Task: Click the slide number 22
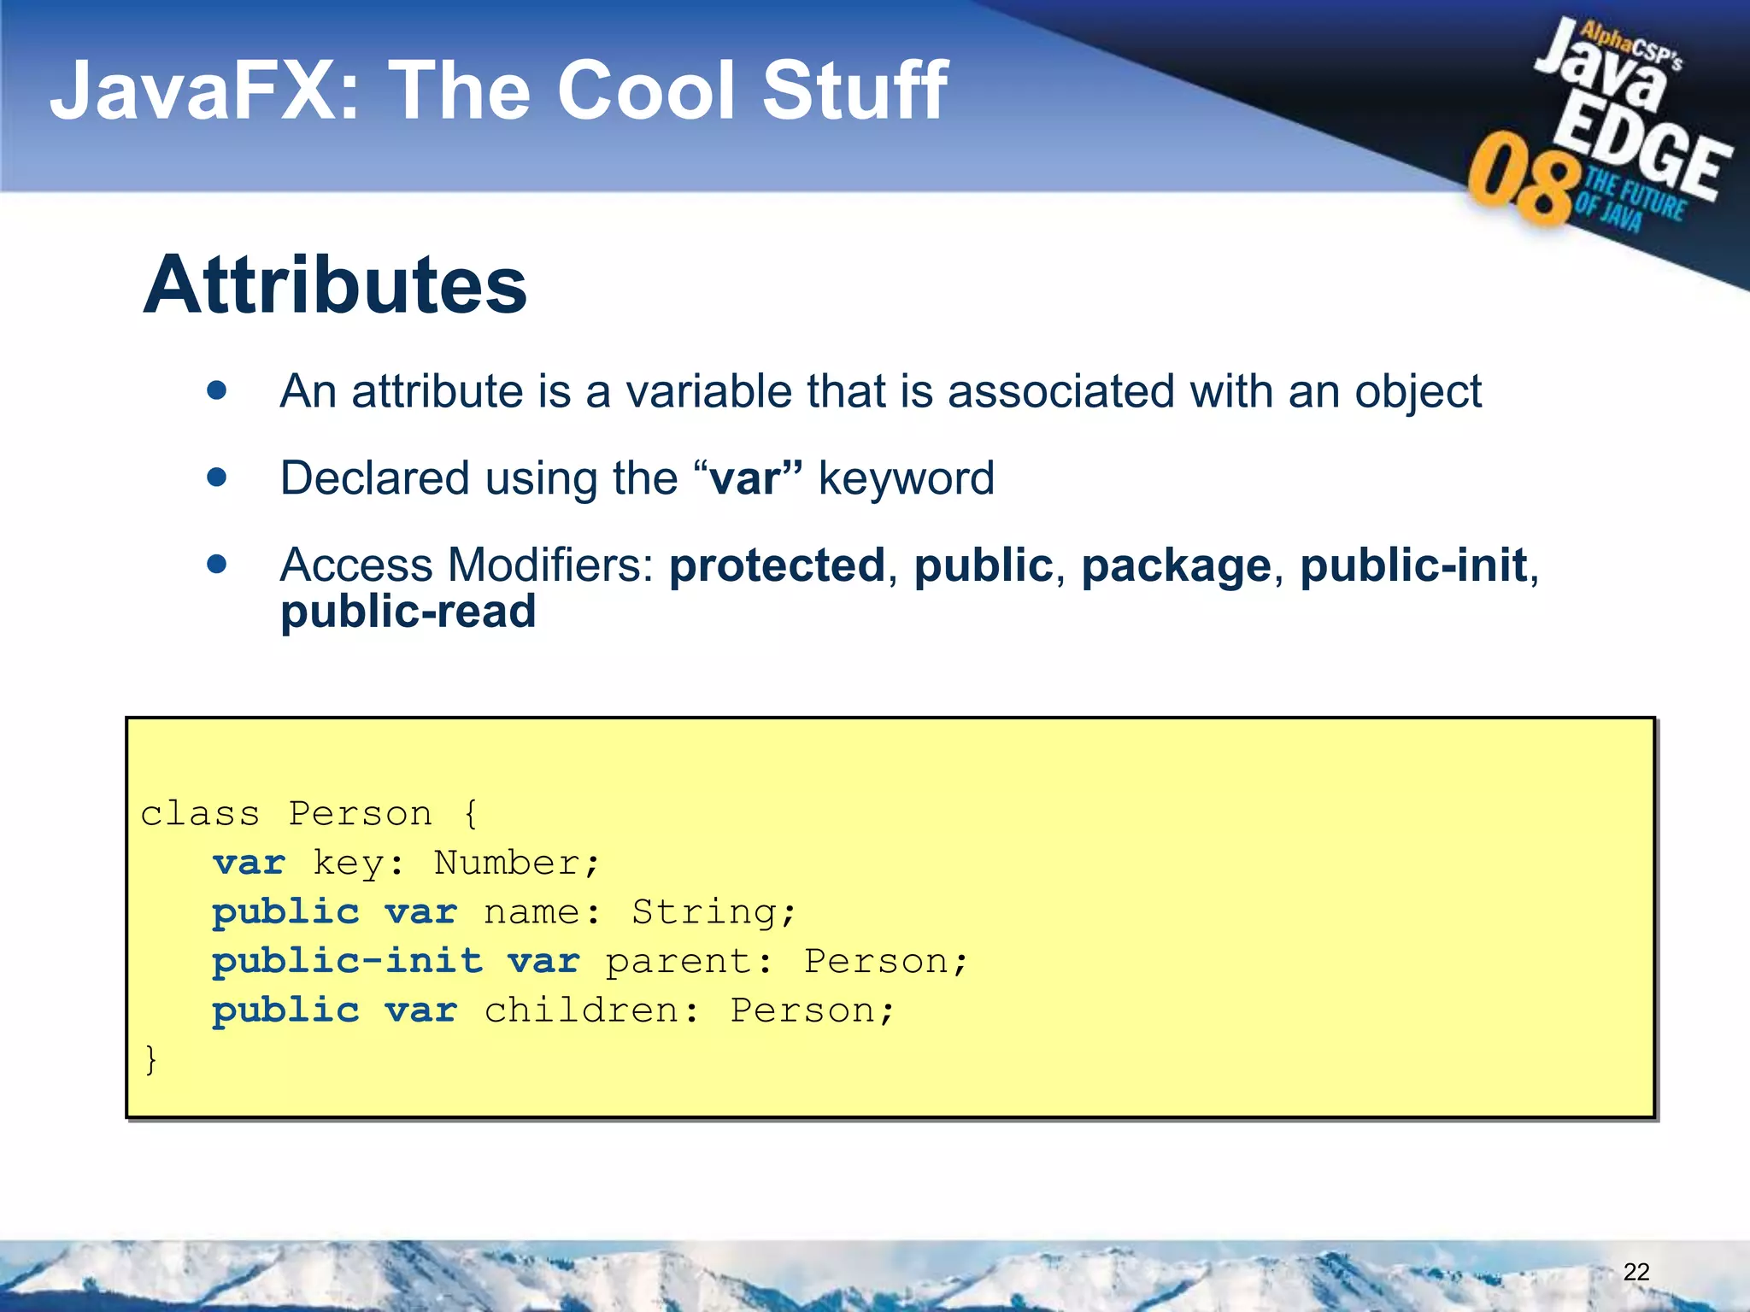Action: click(1635, 1272)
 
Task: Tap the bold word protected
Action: click(777, 565)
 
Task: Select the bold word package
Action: click(1176, 566)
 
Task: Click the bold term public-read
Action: click(408, 612)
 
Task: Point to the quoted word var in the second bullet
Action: click(744, 478)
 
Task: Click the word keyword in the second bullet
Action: click(907, 478)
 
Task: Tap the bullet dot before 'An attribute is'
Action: click(217, 391)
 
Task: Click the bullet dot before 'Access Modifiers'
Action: click(217, 565)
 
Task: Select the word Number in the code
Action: click(508, 863)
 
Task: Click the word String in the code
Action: click(705, 912)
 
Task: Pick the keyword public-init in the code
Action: click(347, 962)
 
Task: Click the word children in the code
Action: click(581, 1010)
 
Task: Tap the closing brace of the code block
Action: click(151, 1060)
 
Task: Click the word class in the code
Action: click(200, 814)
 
